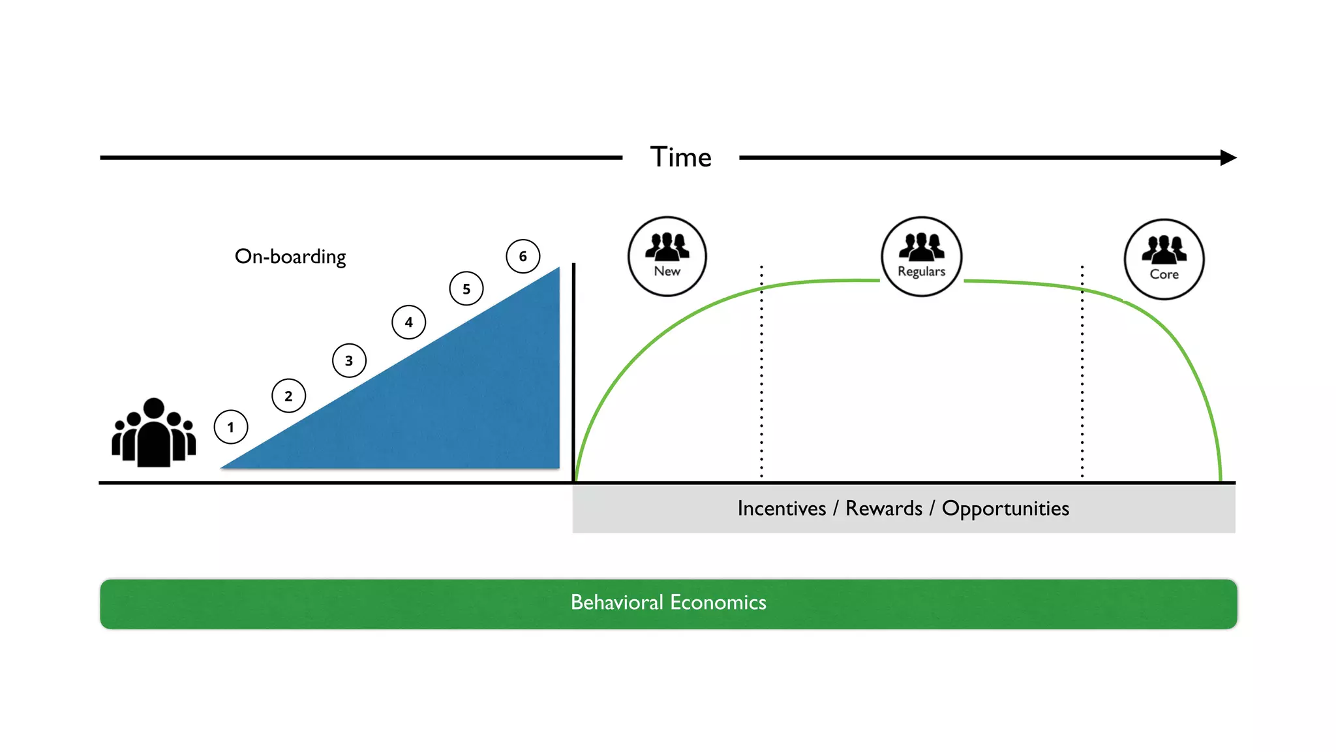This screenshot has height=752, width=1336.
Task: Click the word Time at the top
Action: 680,157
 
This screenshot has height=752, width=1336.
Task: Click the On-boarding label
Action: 290,257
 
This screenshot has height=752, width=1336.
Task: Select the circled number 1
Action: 231,427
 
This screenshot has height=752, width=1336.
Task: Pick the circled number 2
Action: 288,396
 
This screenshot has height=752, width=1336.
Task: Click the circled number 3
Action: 349,360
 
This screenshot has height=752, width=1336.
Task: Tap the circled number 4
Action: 409,322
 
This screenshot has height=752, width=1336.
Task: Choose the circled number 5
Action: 466,289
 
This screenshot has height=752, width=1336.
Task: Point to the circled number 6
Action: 523,256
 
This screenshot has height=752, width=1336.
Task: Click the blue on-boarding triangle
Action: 457,411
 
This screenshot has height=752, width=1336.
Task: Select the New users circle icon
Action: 667,256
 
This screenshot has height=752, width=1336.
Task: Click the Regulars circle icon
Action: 921,256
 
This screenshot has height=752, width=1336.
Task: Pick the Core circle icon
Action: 1164,259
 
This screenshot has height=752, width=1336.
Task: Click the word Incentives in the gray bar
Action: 782,509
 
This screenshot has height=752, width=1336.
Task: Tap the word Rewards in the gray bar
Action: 884,509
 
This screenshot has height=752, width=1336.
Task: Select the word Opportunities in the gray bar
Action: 1005,509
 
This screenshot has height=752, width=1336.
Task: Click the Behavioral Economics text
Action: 668,602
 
